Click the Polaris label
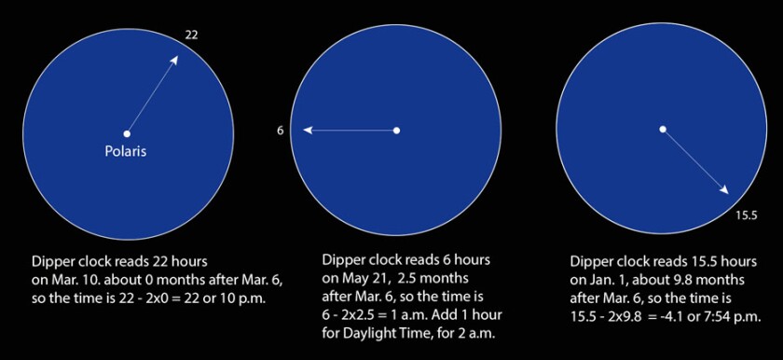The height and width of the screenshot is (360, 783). click(125, 151)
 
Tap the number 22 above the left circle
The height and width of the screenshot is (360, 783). click(191, 35)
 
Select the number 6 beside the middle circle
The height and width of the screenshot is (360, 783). click(281, 131)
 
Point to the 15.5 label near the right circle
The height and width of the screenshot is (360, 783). click(747, 215)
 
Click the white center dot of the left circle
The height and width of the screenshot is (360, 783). click(127, 133)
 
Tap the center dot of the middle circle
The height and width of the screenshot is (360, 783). click(396, 131)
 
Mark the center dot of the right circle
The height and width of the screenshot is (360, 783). click(663, 130)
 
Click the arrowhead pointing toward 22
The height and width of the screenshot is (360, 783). click(174, 60)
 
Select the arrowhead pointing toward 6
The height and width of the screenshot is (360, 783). click(309, 131)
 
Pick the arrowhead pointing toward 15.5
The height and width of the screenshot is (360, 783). click(724, 189)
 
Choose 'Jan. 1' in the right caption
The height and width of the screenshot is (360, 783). click(606, 280)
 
